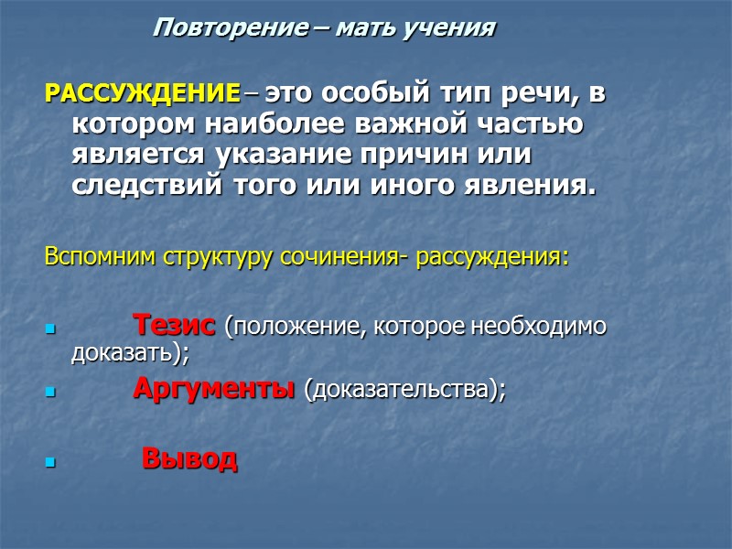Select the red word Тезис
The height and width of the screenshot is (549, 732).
pyautogui.click(x=175, y=325)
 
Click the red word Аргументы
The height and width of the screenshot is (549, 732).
pyautogui.click(x=213, y=389)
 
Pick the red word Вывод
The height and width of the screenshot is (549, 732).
pyautogui.click(x=189, y=457)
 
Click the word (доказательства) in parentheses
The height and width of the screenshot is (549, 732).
pyautogui.click(x=404, y=390)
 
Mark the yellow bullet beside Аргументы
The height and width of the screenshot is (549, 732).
pyautogui.click(x=50, y=393)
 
